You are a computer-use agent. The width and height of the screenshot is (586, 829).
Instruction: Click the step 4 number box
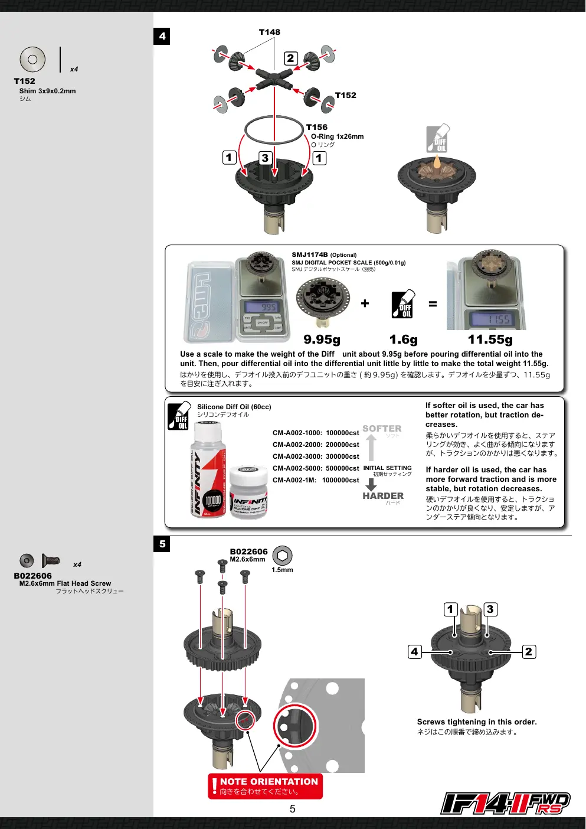pos(162,36)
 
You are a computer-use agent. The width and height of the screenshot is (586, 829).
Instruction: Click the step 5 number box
pos(162,544)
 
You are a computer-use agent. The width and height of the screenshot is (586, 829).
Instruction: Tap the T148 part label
pos(269,32)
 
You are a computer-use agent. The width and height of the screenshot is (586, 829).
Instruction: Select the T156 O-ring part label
pos(317,128)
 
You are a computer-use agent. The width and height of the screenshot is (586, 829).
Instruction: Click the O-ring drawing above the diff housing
pos(274,116)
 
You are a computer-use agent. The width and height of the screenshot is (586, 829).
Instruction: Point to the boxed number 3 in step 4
pos(265,158)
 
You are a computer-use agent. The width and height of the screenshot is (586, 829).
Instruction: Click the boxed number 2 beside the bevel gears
pos(291,58)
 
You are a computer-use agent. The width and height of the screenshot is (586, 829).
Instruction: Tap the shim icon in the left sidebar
pos(32,60)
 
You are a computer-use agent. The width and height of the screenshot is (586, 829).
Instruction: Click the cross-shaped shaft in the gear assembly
pos(274,79)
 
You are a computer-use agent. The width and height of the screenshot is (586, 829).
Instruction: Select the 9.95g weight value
pos(322,339)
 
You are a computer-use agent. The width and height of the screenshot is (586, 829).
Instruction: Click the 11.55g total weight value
pos(490,339)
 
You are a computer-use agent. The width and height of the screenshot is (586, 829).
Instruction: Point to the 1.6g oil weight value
pos(403,339)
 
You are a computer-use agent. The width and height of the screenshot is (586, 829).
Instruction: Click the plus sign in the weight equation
pos(365,303)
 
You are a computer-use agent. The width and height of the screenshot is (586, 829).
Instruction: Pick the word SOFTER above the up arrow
pos(382,429)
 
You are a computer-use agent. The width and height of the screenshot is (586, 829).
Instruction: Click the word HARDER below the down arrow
pos(383,495)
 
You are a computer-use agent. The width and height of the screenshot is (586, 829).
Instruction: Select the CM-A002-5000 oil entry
pos(316,468)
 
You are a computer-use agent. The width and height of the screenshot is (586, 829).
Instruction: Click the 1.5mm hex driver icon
pos(282,556)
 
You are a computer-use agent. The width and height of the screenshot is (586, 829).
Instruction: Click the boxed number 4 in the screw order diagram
pos(415,652)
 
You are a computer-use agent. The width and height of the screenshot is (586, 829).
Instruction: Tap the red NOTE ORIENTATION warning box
pos(265,786)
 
